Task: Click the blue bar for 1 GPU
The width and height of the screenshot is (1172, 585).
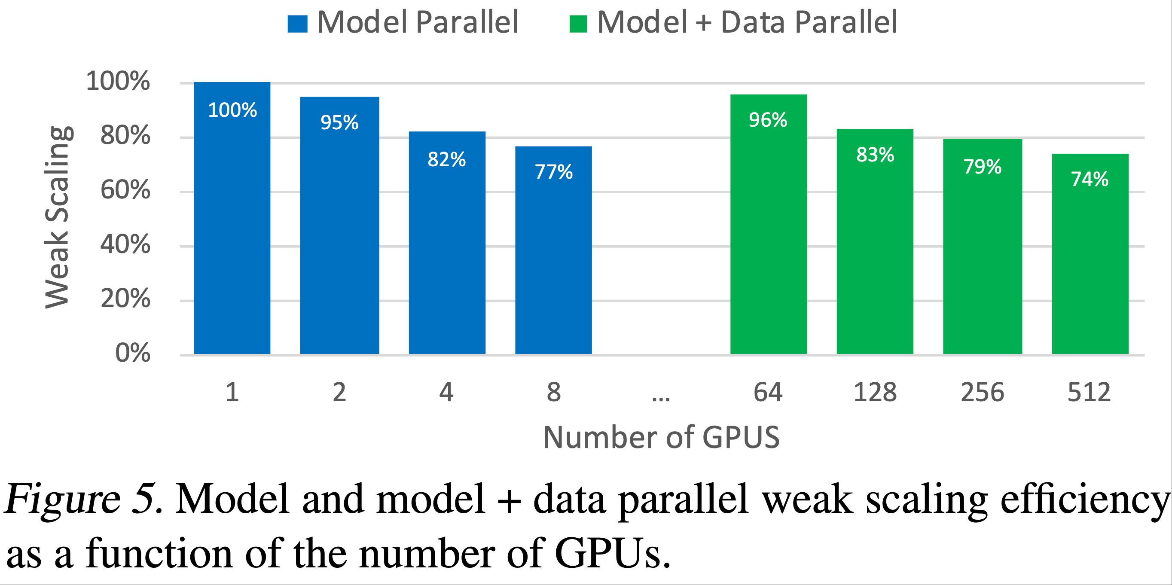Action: tap(232, 228)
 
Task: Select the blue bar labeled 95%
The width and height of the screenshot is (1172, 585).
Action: tap(339, 237)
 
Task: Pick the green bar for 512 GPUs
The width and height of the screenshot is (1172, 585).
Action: tap(1090, 264)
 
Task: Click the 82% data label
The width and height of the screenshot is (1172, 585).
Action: tap(446, 160)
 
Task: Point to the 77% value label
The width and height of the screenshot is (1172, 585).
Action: tap(553, 172)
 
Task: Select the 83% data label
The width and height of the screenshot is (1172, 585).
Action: tap(875, 155)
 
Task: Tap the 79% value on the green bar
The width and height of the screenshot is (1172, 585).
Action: tap(982, 167)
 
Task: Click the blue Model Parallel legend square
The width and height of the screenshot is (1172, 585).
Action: tap(298, 24)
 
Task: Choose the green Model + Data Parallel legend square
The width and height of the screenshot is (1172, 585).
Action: tap(578, 24)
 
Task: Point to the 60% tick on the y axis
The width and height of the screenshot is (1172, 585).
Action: tap(125, 190)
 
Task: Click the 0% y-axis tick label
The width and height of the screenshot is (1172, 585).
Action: tap(132, 353)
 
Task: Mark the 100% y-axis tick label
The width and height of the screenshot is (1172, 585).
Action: tap(118, 82)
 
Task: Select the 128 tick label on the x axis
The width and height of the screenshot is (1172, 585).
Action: tap(875, 392)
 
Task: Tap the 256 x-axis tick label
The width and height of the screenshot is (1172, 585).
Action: tap(982, 392)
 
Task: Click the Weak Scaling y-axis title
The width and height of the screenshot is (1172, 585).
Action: tap(57, 217)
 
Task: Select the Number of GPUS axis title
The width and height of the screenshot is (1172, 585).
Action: tap(661, 438)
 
